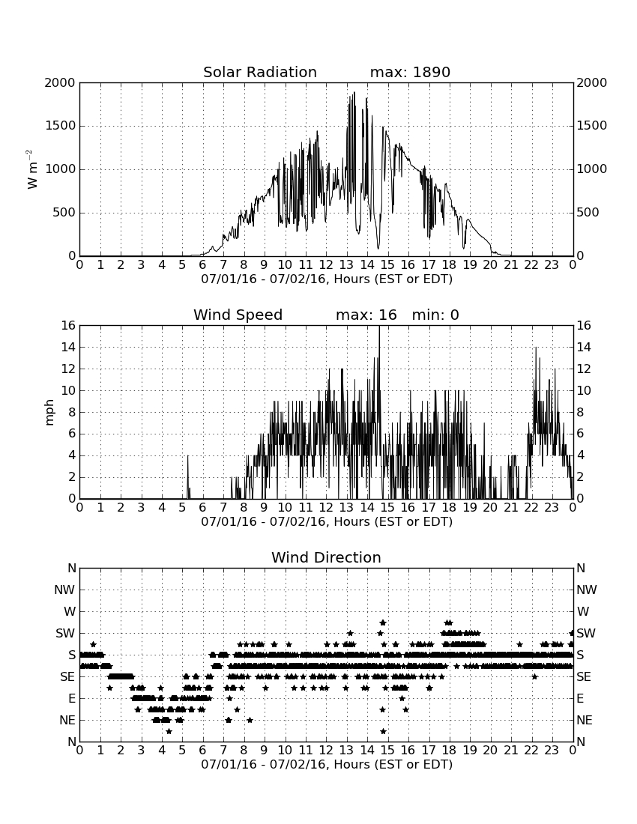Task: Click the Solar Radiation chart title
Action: tap(259, 72)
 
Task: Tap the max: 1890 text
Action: tap(410, 72)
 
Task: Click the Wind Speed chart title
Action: tap(238, 315)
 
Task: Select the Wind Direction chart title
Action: tap(326, 557)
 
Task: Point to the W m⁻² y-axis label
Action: tap(31, 169)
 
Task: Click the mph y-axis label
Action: tap(49, 413)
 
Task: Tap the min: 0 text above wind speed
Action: tap(435, 315)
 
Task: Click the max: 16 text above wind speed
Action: tap(366, 315)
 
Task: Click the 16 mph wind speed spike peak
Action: tap(379, 327)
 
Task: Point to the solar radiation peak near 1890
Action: tap(354, 93)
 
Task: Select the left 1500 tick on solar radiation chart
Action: tap(60, 126)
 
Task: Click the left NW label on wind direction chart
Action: tap(64, 590)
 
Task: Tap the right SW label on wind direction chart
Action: tap(586, 633)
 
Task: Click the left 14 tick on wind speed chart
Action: tap(69, 348)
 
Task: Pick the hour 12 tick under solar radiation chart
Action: tap(326, 265)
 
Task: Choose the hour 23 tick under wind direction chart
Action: tap(552, 751)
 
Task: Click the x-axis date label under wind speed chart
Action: tap(327, 522)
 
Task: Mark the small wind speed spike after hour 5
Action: tap(187, 476)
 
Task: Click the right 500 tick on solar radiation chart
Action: tap(588, 213)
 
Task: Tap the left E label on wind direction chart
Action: tap(71, 698)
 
